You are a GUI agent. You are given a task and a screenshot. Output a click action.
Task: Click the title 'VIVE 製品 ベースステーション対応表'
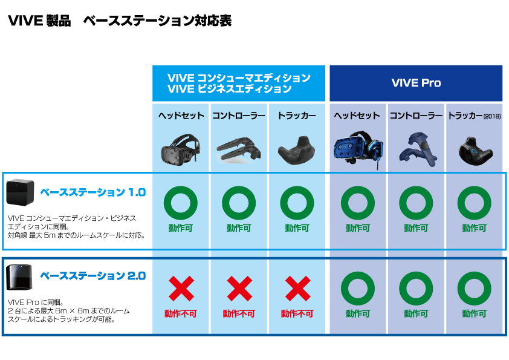120,21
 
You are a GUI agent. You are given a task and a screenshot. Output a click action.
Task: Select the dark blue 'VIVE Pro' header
416,83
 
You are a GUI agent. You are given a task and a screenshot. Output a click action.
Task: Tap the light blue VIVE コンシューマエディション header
239,83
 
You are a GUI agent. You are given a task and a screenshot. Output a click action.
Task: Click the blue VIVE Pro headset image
358,149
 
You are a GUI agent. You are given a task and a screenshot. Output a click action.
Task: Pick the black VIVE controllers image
239,149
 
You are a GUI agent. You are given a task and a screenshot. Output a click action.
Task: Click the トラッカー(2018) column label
475,116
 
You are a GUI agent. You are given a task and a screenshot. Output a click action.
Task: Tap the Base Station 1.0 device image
20,192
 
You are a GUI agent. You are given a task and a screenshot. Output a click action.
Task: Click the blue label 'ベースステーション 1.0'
93,192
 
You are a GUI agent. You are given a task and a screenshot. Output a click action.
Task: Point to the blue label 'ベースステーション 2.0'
93,276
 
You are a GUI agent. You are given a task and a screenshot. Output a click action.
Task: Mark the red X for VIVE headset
181,289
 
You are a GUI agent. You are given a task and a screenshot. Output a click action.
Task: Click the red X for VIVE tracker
297,289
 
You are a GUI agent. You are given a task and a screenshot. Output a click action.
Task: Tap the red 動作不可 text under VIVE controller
239,313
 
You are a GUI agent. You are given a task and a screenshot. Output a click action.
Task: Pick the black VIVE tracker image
297,151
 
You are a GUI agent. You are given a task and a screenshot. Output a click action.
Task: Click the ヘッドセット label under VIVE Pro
357,116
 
